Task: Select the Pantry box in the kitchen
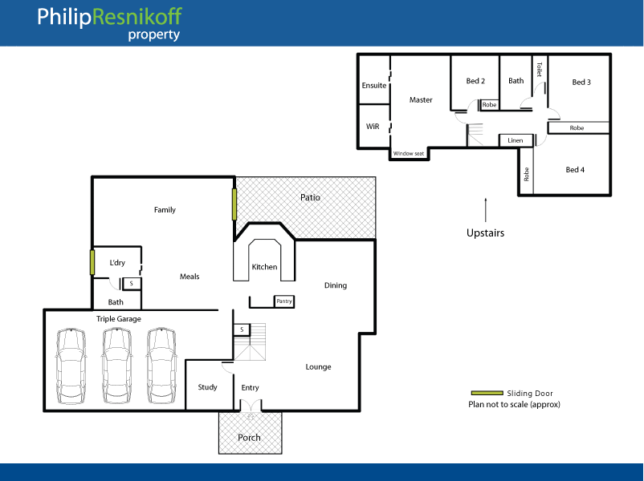(x=284, y=301)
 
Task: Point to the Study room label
(x=207, y=387)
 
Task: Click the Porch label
(x=249, y=438)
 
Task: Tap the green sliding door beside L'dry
(x=93, y=263)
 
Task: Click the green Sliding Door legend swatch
(x=486, y=394)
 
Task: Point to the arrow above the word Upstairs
(x=486, y=210)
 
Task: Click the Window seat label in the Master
(x=408, y=154)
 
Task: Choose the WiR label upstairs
(x=373, y=127)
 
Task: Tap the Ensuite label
(x=374, y=85)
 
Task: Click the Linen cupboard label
(x=515, y=140)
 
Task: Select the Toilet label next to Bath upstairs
(x=539, y=70)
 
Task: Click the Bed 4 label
(x=575, y=170)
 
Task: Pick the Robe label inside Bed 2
(x=489, y=105)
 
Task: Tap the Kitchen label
(x=264, y=267)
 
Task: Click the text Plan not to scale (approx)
(x=514, y=405)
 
